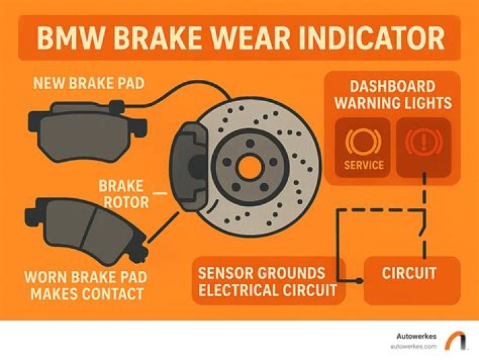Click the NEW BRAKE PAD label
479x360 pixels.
88,83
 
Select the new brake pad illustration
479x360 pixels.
88,130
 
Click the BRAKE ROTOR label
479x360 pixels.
124,194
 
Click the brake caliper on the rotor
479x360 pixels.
190,166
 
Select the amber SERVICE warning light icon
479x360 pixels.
363,142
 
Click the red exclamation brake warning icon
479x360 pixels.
424,142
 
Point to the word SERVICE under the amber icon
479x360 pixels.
364,165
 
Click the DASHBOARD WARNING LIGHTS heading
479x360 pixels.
393,94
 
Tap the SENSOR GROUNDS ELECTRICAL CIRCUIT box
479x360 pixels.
268,281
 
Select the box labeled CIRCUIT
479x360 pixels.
412,281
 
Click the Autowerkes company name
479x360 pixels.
416,336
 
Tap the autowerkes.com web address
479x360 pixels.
413,347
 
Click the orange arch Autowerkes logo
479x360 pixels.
456,340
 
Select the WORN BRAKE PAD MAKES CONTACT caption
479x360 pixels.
86,285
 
